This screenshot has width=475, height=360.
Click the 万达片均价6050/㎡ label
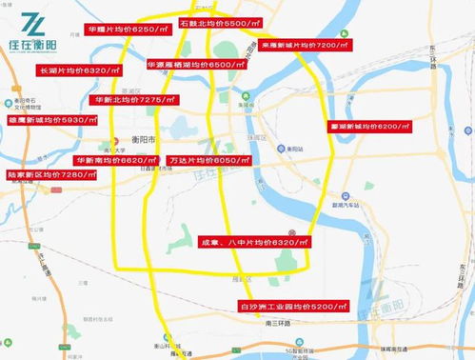coord(207,161)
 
